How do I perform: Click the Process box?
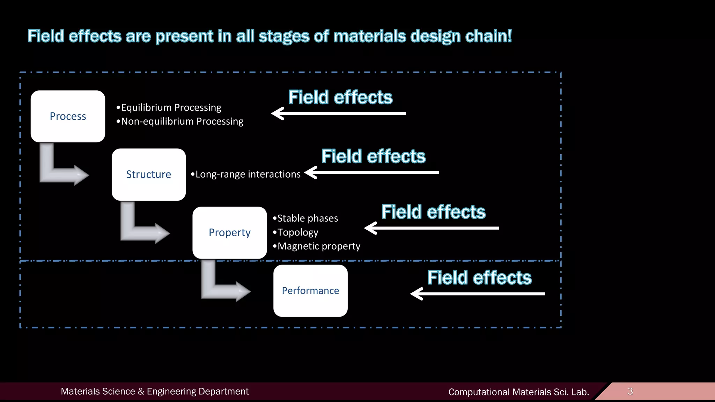point(68,116)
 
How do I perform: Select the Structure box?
point(149,174)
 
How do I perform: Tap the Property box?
point(229,232)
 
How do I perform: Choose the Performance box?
point(310,291)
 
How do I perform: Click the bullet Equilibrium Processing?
point(169,107)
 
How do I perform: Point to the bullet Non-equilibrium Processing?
point(180,121)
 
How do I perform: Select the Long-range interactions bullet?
point(246,174)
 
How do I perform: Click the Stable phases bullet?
point(305,218)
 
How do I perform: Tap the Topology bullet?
point(296,232)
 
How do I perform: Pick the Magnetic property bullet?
point(317,246)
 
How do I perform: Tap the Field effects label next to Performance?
point(479,278)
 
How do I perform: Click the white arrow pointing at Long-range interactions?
point(372,172)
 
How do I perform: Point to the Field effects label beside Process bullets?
point(340,97)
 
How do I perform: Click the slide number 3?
point(630,391)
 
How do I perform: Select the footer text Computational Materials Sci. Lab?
point(518,392)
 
